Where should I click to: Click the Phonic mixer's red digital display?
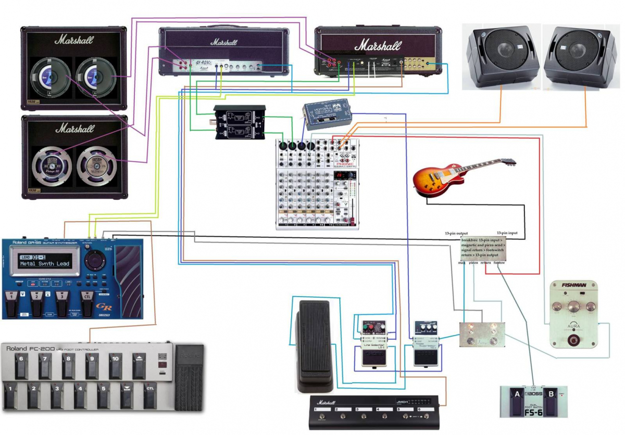pyautogui.click(x=340, y=176)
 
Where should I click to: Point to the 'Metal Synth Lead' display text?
pyautogui.click(x=44, y=264)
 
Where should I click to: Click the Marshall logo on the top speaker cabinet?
pyautogui.click(x=74, y=39)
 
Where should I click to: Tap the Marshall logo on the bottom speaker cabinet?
pyautogui.click(x=74, y=127)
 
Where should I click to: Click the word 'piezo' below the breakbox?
pyautogui.click(x=473, y=263)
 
